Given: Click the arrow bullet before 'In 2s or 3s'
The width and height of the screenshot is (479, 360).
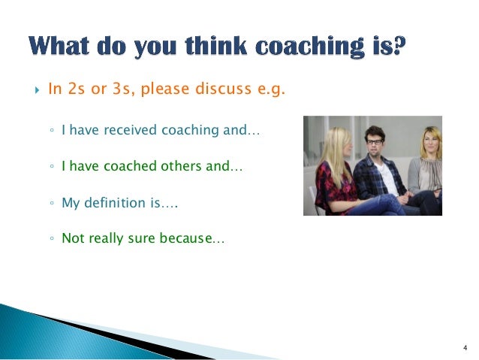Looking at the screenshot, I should coord(35,90).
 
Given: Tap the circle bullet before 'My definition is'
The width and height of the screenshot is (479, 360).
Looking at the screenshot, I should coord(51,204).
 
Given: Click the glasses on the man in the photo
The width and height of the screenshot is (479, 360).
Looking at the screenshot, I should coord(373,141).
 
